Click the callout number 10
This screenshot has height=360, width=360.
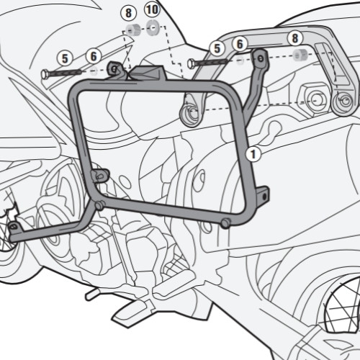pyautogui.click(x=152, y=10)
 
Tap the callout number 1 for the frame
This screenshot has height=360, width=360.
pyautogui.click(x=253, y=154)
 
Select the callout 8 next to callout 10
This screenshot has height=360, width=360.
pyautogui.click(x=129, y=13)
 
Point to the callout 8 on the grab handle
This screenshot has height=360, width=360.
pyautogui.click(x=295, y=38)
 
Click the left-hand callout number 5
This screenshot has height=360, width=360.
pyautogui.click(x=65, y=58)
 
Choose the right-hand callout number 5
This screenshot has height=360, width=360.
pyautogui.click(x=217, y=48)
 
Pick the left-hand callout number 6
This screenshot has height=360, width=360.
pyautogui.click(x=94, y=56)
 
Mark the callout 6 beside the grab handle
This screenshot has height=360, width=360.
pyautogui.click(x=240, y=44)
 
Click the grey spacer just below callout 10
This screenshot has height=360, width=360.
pyautogui.click(x=152, y=28)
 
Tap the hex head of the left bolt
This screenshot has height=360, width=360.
pyautogui.click(x=45, y=74)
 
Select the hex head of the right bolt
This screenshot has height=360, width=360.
pyautogui.click(x=191, y=63)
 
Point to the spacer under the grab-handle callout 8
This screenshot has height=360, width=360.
pyautogui.click(x=300, y=55)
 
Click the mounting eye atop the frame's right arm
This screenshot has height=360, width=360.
pyautogui.click(x=261, y=58)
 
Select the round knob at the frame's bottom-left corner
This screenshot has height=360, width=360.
pyautogui.click(x=99, y=205)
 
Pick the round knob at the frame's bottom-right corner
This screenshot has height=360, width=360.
pyautogui.click(x=225, y=223)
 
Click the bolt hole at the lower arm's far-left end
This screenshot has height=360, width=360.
pyautogui.click(x=14, y=225)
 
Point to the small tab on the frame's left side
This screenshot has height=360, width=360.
pyautogui.click(x=100, y=175)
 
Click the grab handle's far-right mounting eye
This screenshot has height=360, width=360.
pyautogui.click(x=345, y=102)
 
